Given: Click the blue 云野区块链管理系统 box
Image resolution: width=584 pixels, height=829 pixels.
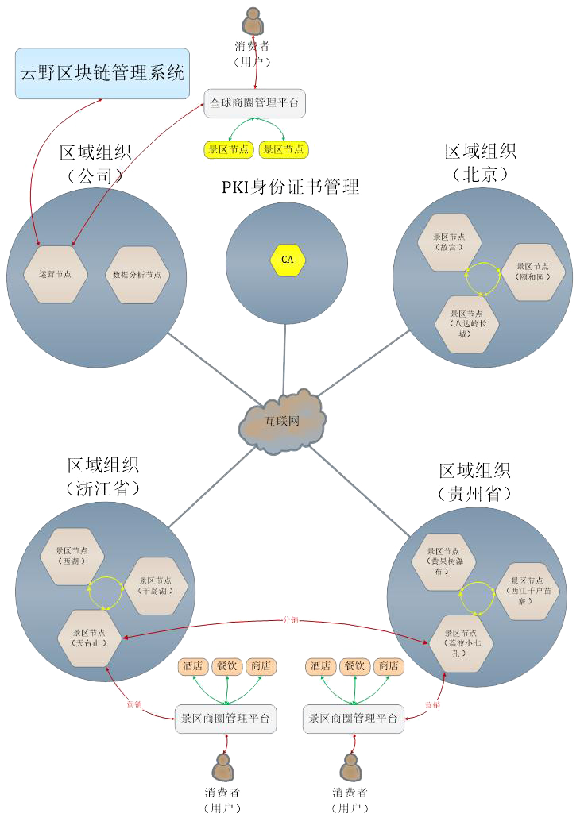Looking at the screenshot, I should tap(102, 74).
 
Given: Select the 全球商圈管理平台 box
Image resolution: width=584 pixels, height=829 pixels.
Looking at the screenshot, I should tap(254, 103).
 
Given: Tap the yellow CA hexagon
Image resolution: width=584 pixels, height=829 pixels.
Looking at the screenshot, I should tap(288, 260).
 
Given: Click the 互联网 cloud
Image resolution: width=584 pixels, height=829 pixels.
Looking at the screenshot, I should tap(281, 421).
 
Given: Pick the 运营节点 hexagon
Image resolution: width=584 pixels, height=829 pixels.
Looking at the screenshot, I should tap(55, 275).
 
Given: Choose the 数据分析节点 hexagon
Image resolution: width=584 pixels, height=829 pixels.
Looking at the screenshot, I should tap(137, 275).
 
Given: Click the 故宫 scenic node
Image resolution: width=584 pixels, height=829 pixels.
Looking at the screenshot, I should tap(449, 241).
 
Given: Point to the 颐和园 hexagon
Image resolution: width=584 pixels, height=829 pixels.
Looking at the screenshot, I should tap(533, 272).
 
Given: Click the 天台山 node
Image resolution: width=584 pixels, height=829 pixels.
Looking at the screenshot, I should tap(90, 637).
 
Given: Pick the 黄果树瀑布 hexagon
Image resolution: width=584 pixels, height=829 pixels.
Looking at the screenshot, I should tap(443, 561).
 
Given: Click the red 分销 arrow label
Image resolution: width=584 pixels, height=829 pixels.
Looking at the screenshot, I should tap(292, 619).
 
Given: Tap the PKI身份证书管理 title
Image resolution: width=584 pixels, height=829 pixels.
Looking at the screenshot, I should tap(290, 187).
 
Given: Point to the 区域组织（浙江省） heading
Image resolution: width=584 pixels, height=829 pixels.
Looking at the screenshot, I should tap(102, 476).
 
